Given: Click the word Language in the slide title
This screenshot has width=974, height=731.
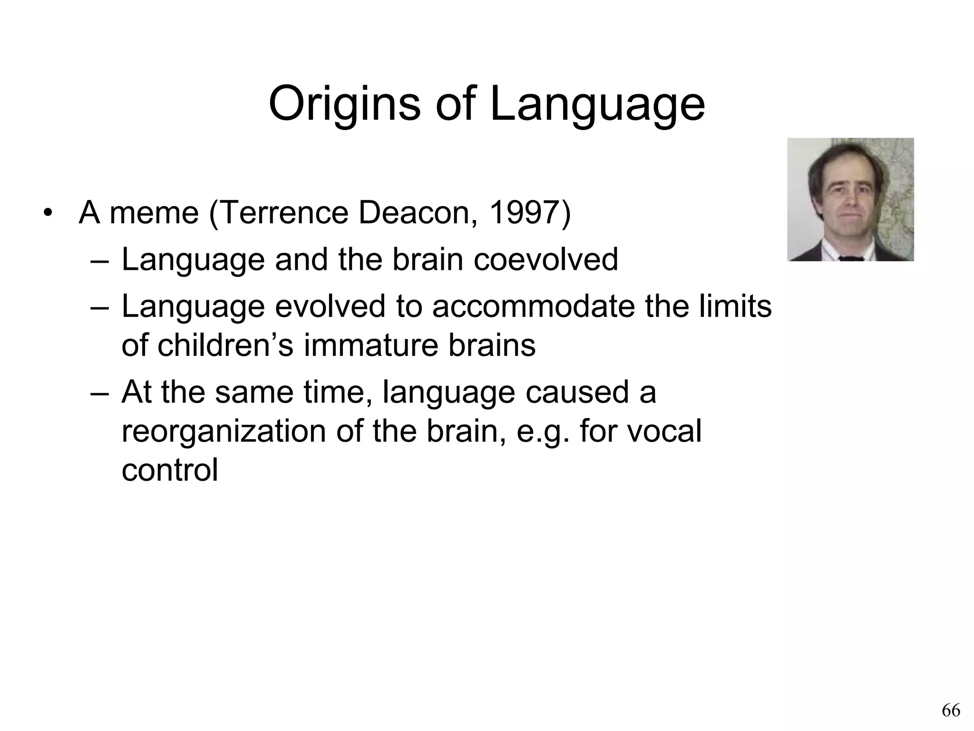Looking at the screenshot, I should [597, 104].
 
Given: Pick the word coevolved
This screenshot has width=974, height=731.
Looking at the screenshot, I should [545, 259].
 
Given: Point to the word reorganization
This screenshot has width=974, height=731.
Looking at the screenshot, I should [224, 431].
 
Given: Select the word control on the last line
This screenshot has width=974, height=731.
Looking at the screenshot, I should [170, 470].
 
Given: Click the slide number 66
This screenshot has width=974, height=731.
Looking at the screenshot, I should [951, 710].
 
